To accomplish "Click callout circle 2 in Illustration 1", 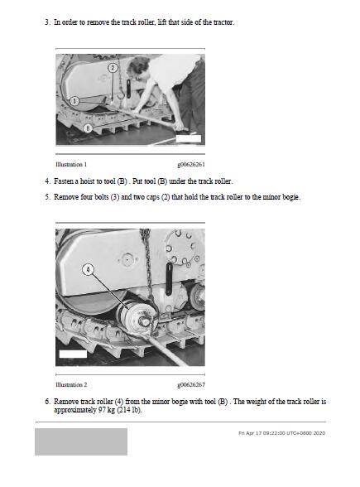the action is click(x=113, y=68).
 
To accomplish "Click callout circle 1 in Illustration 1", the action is click(x=74, y=101).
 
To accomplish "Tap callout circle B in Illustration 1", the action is click(x=88, y=128).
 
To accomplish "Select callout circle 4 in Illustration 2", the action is click(x=88, y=269).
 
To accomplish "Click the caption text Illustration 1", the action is click(x=71, y=164).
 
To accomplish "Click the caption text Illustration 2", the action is click(x=71, y=384).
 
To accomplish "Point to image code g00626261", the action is click(x=191, y=165).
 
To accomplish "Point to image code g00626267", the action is click(x=191, y=385).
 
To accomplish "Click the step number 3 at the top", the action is click(x=47, y=22).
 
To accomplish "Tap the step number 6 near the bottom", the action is click(x=47, y=402).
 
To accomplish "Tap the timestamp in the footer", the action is click(x=281, y=433).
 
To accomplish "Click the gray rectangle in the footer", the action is click(x=81, y=441).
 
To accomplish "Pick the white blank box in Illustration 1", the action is click(x=189, y=139).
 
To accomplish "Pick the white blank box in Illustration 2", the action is click(x=73, y=354).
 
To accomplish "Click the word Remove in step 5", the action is click(x=66, y=197).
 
